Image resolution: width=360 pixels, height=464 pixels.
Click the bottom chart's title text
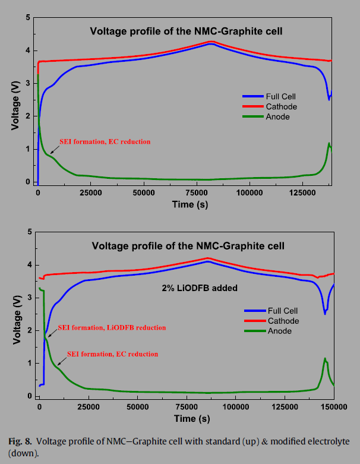187,245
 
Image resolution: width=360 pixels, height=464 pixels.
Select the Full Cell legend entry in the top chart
279,96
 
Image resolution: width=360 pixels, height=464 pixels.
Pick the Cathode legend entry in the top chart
278,106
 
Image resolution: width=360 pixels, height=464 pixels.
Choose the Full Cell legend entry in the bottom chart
282,310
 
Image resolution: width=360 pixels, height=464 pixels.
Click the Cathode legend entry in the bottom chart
282,321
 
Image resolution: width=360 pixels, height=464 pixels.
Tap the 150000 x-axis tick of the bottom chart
334,407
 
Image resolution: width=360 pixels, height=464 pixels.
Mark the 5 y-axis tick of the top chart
28,18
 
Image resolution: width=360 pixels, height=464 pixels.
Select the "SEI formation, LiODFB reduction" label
112,327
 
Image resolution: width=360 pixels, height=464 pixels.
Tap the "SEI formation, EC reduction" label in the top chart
105,142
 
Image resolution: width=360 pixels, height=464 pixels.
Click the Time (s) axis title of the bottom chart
186,418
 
